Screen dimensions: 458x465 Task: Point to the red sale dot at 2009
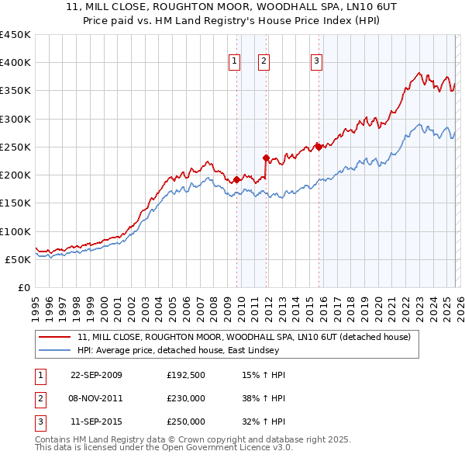236,179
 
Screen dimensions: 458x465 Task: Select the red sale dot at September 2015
318,147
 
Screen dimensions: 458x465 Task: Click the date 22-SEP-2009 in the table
96,375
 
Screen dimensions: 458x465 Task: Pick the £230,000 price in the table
186,398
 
